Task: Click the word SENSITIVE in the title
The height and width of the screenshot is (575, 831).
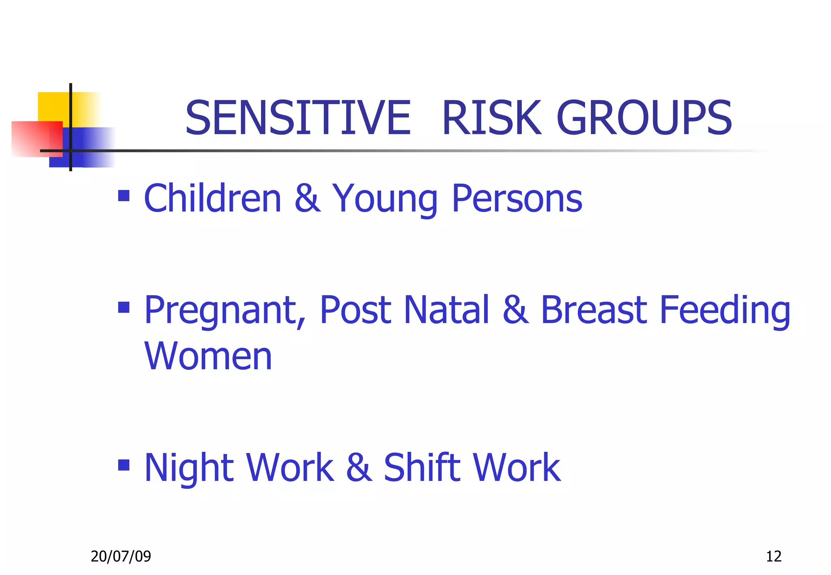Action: (298, 118)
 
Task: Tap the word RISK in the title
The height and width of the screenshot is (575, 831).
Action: (491, 118)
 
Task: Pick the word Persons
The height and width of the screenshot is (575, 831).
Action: (517, 199)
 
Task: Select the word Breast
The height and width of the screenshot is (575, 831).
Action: (594, 310)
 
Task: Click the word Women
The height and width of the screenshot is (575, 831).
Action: (208, 356)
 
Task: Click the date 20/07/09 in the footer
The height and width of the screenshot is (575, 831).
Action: (121, 556)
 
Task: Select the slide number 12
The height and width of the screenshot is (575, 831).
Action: (773, 556)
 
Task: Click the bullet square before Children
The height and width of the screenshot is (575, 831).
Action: (124, 196)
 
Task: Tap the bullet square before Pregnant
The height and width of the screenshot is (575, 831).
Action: (124, 307)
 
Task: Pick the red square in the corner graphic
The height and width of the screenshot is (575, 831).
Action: (34, 138)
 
